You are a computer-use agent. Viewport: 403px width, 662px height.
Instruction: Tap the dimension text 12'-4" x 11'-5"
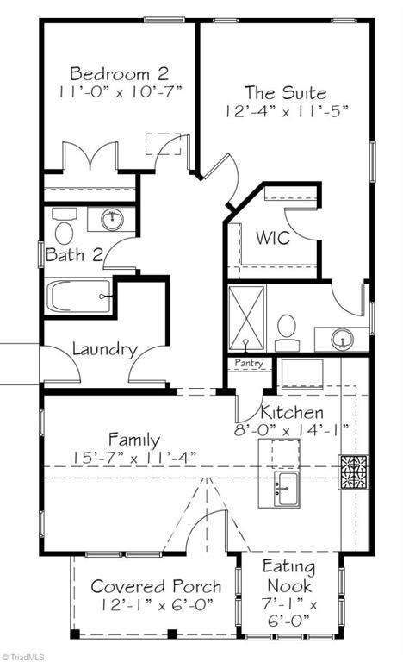click(x=284, y=110)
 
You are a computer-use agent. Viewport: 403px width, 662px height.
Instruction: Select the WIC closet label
click(x=272, y=238)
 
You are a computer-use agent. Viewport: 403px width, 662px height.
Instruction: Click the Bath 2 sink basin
click(x=112, y=220)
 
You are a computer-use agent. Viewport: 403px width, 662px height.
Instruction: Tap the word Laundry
click(x=104, y=349)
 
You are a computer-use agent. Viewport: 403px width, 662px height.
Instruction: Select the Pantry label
click(x=249, y=364)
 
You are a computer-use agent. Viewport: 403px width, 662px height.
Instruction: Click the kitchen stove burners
click(x=354, y=472)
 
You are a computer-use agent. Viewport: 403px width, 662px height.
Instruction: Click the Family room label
click(x=133, y=440)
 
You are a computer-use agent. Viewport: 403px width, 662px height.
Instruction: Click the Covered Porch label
click(x=156, y=586)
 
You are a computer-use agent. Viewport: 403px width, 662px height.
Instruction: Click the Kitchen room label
click(x=292, y=412)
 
